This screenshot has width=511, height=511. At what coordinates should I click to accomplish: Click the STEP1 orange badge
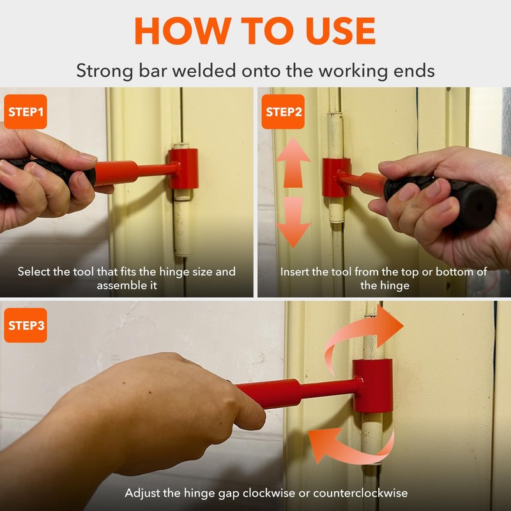pos(26,111)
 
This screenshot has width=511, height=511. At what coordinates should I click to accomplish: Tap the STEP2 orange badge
pos(283,111)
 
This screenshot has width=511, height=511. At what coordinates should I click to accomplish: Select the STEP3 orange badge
pos(26,325)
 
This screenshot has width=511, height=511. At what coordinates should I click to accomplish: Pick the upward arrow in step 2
pos(293,162)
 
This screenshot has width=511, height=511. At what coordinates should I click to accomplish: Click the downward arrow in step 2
pos(293,222)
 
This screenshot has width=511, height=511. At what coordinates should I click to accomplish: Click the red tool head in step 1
pos(183,169)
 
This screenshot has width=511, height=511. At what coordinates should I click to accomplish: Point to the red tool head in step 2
pos(336,178)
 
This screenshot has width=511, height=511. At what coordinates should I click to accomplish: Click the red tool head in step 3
pos(372,386)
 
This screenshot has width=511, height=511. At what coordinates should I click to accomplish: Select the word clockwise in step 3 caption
pos(269,492)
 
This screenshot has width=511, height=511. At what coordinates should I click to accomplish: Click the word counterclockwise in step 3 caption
pos(360,492)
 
